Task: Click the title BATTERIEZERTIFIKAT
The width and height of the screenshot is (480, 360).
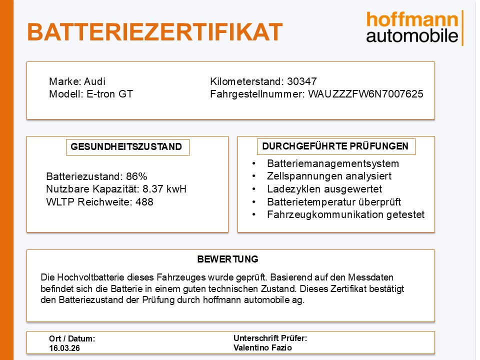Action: tap(154, 31)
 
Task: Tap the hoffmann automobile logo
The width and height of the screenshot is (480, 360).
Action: tap(413, 28)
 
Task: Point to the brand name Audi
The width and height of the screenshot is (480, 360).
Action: tap(94, 81)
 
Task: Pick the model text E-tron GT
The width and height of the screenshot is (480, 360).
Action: tap(108, 94)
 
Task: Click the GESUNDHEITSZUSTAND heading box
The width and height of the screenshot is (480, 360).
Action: tap(127, 147)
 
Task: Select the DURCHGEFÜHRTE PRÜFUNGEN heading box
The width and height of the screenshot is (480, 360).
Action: tap(335, 146)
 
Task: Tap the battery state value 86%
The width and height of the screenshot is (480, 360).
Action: tap(136, 176)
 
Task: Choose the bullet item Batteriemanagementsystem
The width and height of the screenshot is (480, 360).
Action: tap(333, 163)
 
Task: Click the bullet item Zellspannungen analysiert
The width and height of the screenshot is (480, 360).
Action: tap(329, 176)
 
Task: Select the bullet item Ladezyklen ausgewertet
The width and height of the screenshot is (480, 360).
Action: tap(324, 189)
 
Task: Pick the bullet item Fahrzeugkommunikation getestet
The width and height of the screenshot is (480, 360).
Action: tap(345, 214)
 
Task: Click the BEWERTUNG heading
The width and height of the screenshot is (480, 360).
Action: tap(228, 259)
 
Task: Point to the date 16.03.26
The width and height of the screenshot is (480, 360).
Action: tap(64, 348)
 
